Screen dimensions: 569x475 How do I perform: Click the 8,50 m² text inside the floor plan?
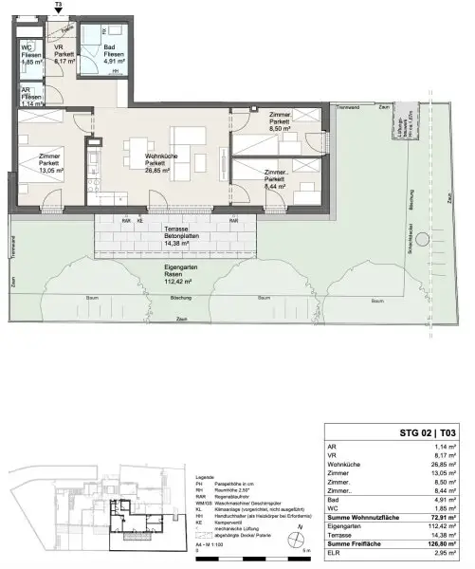[279, 130]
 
